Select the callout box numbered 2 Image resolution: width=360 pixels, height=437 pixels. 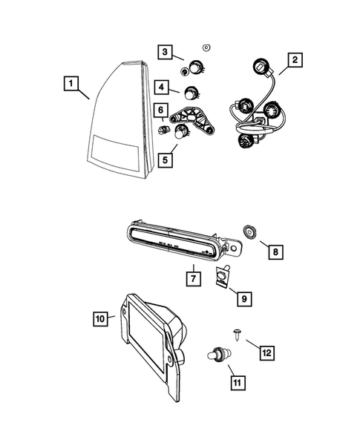295,60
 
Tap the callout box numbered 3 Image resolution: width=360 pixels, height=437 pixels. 165,51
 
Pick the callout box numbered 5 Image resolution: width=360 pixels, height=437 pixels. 166,158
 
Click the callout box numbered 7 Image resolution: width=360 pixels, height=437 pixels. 192,278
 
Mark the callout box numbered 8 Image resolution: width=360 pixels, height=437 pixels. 275,252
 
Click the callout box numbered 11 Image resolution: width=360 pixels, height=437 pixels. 238,383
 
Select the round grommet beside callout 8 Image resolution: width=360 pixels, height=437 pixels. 250,234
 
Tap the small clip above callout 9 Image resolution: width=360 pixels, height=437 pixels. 222,277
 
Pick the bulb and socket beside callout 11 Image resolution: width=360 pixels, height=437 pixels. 217,355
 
